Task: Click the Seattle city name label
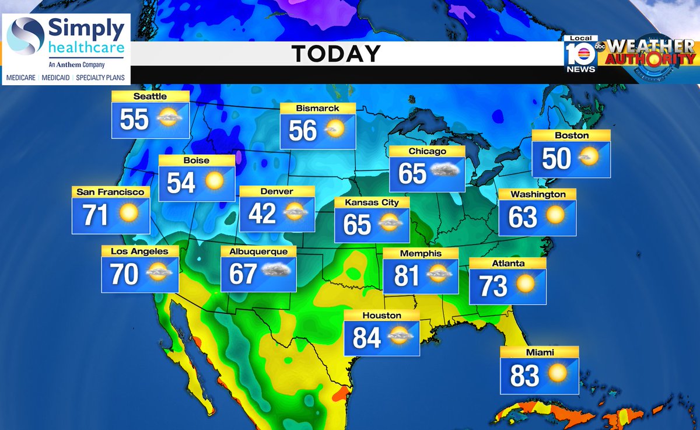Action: (150, 96)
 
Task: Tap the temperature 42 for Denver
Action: (262, 214)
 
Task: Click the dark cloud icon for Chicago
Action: (444, 172)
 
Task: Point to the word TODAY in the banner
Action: (336, 54)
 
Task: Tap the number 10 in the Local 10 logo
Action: (580, 56)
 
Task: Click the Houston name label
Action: (381, 316)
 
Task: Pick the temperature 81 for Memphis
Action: (407, 275)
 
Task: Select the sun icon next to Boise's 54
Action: (214, 181)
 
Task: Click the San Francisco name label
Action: (110, 191)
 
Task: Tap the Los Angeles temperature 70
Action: (124, 274)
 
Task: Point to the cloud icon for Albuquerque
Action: (276, 270)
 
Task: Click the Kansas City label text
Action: (372, 202)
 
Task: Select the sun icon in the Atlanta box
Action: (525, 284)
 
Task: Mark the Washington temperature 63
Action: (523, 217)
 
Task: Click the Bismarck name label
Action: (317, 108)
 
